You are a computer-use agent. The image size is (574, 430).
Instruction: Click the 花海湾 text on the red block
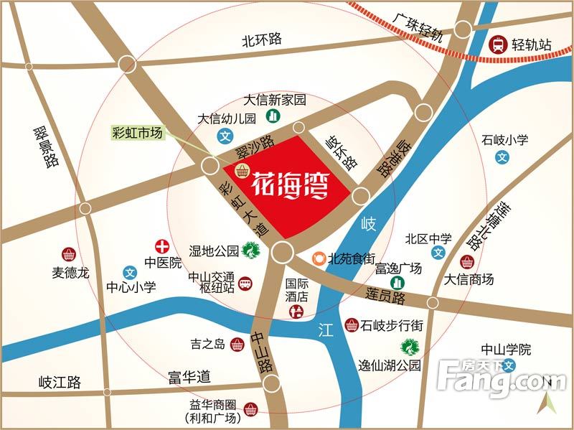[291, 186]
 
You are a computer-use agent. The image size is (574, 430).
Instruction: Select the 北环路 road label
[262, 40]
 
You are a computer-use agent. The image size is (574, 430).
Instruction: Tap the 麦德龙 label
[70, 273]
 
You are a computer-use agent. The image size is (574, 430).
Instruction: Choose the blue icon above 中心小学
[130, 273]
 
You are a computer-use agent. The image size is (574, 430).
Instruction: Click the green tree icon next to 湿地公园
[250, 251]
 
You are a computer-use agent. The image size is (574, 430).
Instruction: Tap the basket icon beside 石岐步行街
[352, 325]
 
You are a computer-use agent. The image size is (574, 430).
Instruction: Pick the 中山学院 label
[506, 350]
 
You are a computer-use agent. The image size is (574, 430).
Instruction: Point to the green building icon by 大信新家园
[273, 116]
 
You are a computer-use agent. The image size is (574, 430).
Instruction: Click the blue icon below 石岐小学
[503, 156]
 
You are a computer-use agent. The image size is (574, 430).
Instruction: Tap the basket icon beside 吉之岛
[237, 345]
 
